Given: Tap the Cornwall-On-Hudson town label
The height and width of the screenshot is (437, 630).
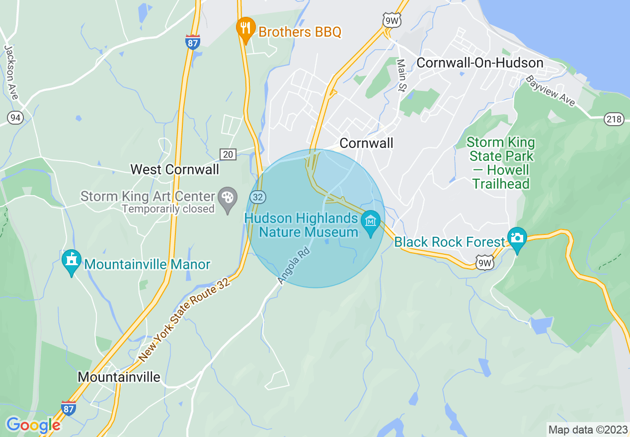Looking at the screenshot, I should tap(479, 63).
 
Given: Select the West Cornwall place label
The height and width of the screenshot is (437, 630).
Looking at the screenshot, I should tap(174, 169).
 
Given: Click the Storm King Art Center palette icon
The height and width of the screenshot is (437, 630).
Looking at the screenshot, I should tap(228, 198).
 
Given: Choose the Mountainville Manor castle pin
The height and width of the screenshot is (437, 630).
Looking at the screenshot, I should tap(72, 261).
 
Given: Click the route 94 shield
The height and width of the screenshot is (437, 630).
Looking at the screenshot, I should tap(14, 117).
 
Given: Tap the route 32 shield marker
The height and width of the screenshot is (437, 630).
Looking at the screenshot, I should tap(258, 197).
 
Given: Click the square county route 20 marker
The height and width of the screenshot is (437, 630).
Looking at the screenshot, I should tap(228, 154).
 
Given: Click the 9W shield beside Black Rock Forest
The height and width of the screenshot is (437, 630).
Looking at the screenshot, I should tap(484, 263).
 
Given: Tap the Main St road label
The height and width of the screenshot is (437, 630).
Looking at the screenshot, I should tap(401, 75).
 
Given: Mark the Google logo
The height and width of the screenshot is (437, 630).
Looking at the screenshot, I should tap(33, 425).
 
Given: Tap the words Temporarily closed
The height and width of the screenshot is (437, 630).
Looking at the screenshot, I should tap(168, 209).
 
